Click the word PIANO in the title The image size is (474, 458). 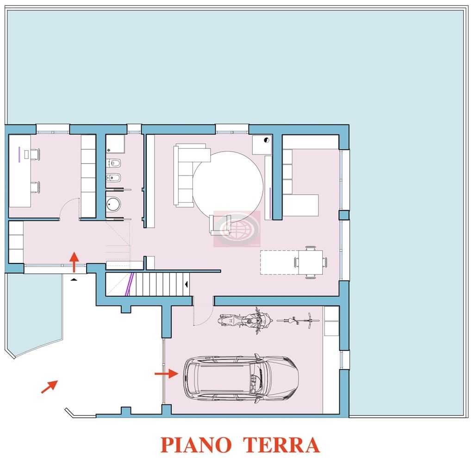196,445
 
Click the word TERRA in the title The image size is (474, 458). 281,445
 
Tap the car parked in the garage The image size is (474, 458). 241,379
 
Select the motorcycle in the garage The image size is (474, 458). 245,321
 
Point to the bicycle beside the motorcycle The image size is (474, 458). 298,320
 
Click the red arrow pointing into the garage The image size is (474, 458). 166,373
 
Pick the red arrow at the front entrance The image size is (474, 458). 74,262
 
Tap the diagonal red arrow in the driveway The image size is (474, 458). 49,387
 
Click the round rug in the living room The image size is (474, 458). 228,183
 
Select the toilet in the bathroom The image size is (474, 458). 114,163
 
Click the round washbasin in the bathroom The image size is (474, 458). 113,204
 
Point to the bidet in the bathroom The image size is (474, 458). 114,178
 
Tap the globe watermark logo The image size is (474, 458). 237,229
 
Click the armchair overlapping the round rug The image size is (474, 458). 220,225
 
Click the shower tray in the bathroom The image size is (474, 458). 115,144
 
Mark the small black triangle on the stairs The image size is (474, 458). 187,284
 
